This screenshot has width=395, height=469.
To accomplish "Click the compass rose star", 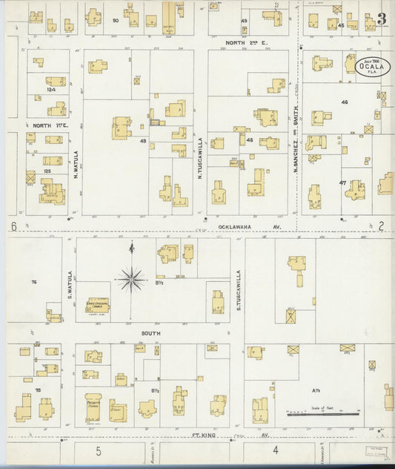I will [x=132, y=279].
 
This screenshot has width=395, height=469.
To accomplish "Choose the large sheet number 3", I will [x=380, y=19].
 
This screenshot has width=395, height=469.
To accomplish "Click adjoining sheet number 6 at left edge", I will [x=13, y=226].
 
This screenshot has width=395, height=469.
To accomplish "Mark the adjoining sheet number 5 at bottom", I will [x=97, y=450].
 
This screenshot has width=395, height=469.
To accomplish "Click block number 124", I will [x=50, y=91].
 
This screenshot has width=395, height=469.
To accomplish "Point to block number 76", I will [x=34, y=283].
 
